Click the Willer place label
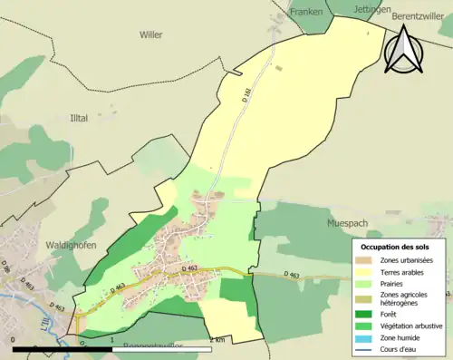[150, 34]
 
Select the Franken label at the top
[305, 12]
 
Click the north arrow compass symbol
[401, 48]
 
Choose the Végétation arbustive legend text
[412, 325]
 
